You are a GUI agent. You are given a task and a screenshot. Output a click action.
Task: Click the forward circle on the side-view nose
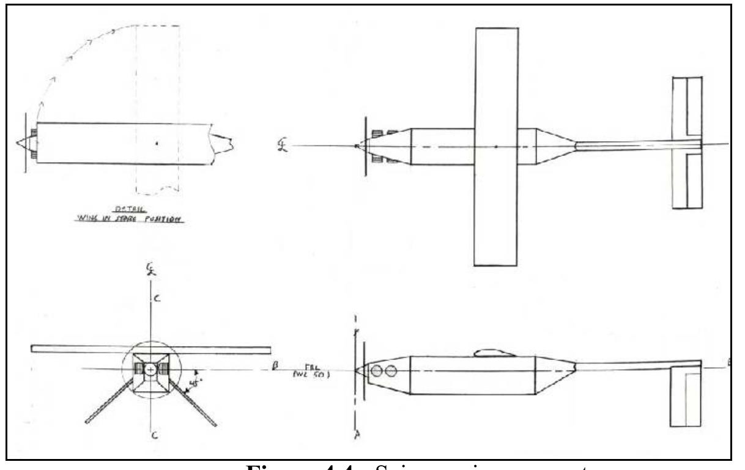pos(374,369)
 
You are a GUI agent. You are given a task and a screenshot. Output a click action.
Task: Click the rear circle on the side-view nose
pos(387,369)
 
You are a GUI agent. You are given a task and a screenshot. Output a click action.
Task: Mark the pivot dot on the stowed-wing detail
pos(157,144)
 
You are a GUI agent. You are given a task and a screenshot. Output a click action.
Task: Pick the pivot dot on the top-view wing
pos(495,147)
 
